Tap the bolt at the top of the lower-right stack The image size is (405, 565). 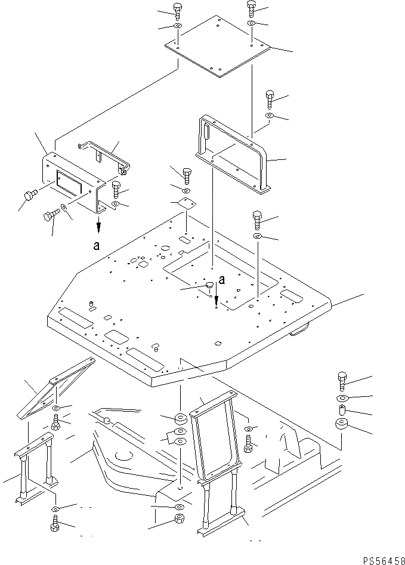click(x=342, y=379)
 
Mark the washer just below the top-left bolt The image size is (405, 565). click(x=178, y=26)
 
